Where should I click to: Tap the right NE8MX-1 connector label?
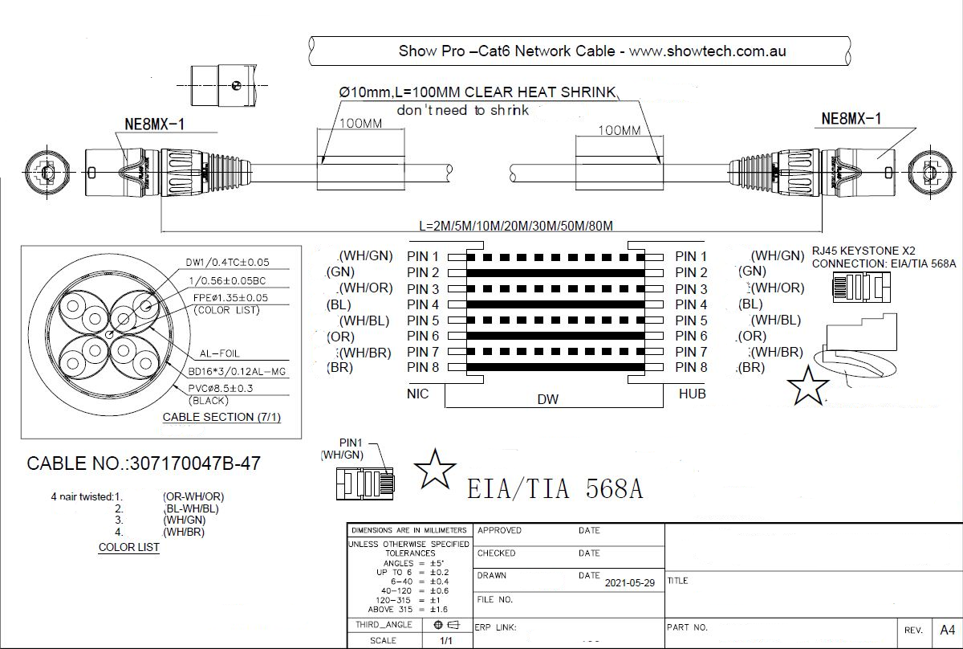[851, 119]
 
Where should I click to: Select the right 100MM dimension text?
[620, 130]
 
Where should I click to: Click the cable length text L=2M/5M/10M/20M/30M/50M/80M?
[522, 226]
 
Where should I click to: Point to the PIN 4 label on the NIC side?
[423, 304]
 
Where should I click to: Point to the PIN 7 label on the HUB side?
[691, 352]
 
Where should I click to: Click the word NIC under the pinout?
[418, 394]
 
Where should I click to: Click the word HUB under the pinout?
[692, 394]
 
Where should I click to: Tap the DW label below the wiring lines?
[548, 399]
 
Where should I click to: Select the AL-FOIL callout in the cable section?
[219, 353]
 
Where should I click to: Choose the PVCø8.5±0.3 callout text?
[221, 388]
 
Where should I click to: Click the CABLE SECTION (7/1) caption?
[221, 417]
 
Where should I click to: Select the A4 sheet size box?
[948, 629]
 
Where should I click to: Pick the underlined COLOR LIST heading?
[128, 547]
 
